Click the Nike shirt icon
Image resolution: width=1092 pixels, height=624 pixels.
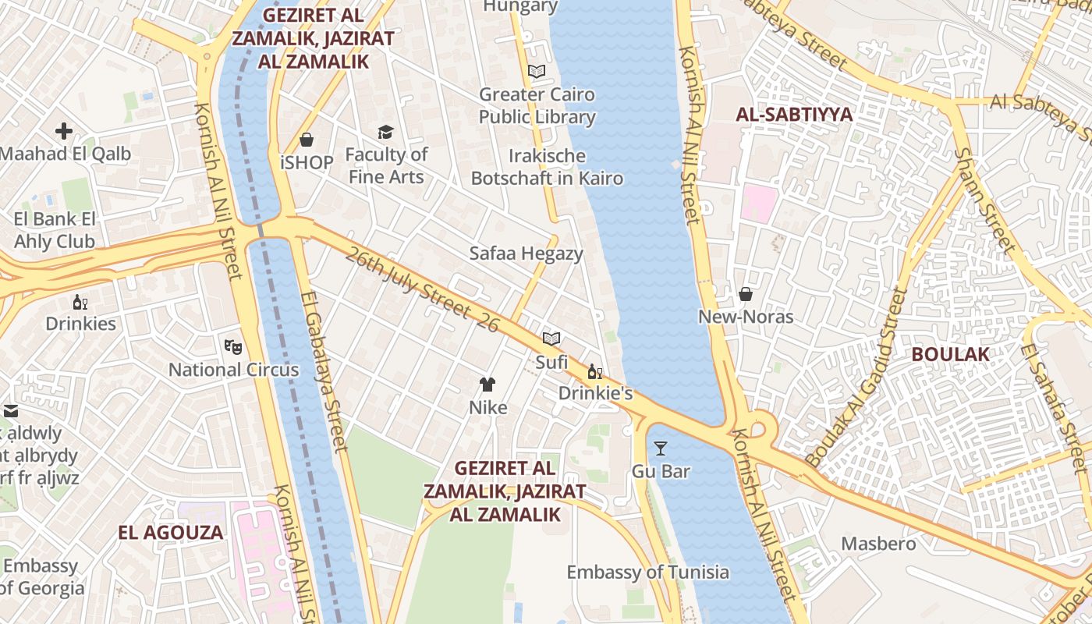click(x=487, y=384)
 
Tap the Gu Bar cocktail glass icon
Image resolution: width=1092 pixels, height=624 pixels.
click(x=661, y=448)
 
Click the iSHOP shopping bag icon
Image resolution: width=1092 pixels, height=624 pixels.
click(x=307, y=140)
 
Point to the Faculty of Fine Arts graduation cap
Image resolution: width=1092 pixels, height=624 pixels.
click(x=385, y=132)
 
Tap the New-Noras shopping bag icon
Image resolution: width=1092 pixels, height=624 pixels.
click(x=746, y=294)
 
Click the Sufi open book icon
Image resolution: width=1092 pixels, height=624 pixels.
click(x=551, y=339)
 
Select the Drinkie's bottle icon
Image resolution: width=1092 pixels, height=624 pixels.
click(x=594, y=371)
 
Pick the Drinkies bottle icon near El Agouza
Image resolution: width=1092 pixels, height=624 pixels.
click(x=80, y=301)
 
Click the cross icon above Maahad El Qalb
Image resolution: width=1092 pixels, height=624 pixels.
click(x=64, y=131)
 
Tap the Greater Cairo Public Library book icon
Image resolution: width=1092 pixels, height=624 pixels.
click(x=537, y=72)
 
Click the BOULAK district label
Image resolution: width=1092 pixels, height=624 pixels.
click(x=950, y=354)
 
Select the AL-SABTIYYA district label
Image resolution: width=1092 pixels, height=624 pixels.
click(x=794, y=115)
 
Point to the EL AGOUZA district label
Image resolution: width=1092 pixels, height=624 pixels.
click(x=171, y=533)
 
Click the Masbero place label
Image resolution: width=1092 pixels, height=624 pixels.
click(x=878, y=543)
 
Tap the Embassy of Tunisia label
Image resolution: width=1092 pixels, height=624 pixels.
click(x=647, y=573)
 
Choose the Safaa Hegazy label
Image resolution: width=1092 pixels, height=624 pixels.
click(x=526, y=253)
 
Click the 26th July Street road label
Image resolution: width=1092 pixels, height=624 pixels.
click(x=422, y=289)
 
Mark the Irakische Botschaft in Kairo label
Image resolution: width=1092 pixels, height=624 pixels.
click(x=547, y=167)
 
